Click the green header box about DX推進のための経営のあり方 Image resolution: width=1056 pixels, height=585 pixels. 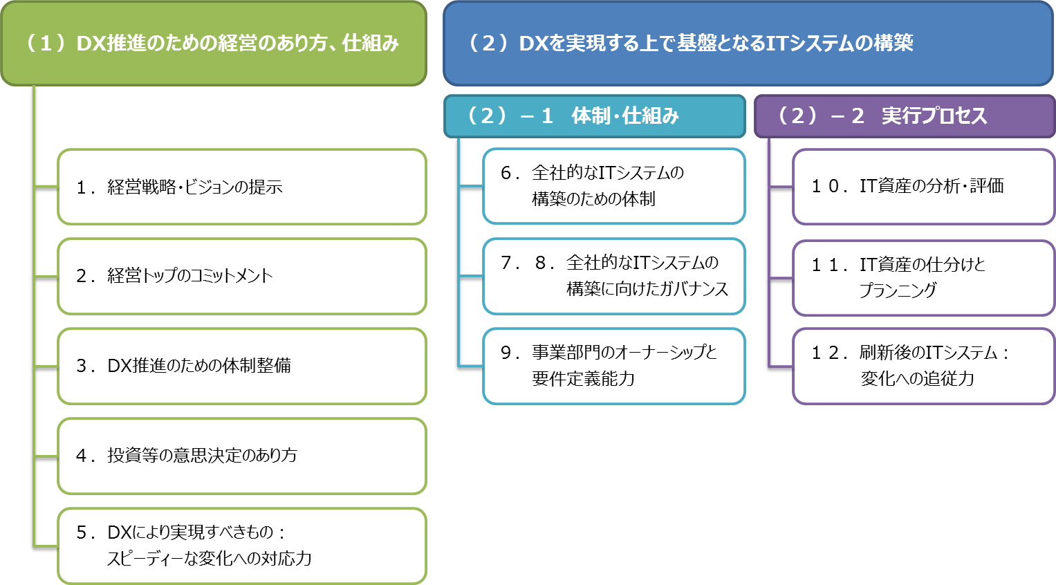click(x=214, y=43)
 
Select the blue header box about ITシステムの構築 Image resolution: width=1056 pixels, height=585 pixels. click(x=748, y=43)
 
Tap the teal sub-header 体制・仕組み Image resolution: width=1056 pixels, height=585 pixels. click(x=594, y=115)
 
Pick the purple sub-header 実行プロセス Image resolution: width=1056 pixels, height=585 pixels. click(x=904, y=115)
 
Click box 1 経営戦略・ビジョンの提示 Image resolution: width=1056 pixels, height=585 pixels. click(x=241, y=187)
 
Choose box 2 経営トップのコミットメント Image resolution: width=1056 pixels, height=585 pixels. click(x=241, y=276)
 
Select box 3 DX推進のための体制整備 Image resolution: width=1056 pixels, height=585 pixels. click(x=241, y=366)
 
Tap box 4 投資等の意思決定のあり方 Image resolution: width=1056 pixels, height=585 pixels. click(x=241, y=456)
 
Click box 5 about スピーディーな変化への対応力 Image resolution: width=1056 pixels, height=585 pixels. click(x=241, y=546)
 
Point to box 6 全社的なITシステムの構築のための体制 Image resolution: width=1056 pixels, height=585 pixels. click(x=613, y=186)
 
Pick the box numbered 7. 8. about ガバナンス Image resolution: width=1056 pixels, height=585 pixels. click(x=613, y=276)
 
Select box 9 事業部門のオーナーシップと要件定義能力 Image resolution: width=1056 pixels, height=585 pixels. click(x=613, y=366)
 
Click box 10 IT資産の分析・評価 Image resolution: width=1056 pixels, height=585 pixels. click(x=923, y=187)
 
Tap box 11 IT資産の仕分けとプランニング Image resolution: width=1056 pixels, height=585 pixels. click(x=923, y=277)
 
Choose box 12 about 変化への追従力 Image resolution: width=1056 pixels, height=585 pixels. click(x=923, y=366)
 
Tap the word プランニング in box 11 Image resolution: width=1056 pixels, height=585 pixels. click(x=898, y=290)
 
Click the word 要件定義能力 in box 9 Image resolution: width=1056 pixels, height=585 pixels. click(x=583, y=379)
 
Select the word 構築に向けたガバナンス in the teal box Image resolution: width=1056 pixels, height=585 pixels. click(x=647, y=289)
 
